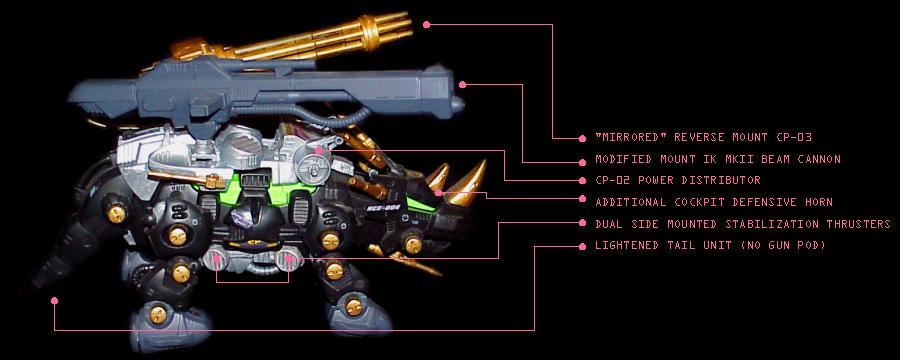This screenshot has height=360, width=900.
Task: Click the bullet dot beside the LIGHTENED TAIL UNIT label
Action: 582,246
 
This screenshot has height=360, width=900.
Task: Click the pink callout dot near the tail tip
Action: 55,300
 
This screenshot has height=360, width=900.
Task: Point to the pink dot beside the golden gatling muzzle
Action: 426,24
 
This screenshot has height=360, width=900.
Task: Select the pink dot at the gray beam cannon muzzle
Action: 463,84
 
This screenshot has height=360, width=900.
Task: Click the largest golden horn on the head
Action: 467,184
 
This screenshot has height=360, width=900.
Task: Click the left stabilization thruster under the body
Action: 216,261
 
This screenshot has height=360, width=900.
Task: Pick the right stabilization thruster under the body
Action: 286,261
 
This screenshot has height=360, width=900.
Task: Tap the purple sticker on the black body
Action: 246,216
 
